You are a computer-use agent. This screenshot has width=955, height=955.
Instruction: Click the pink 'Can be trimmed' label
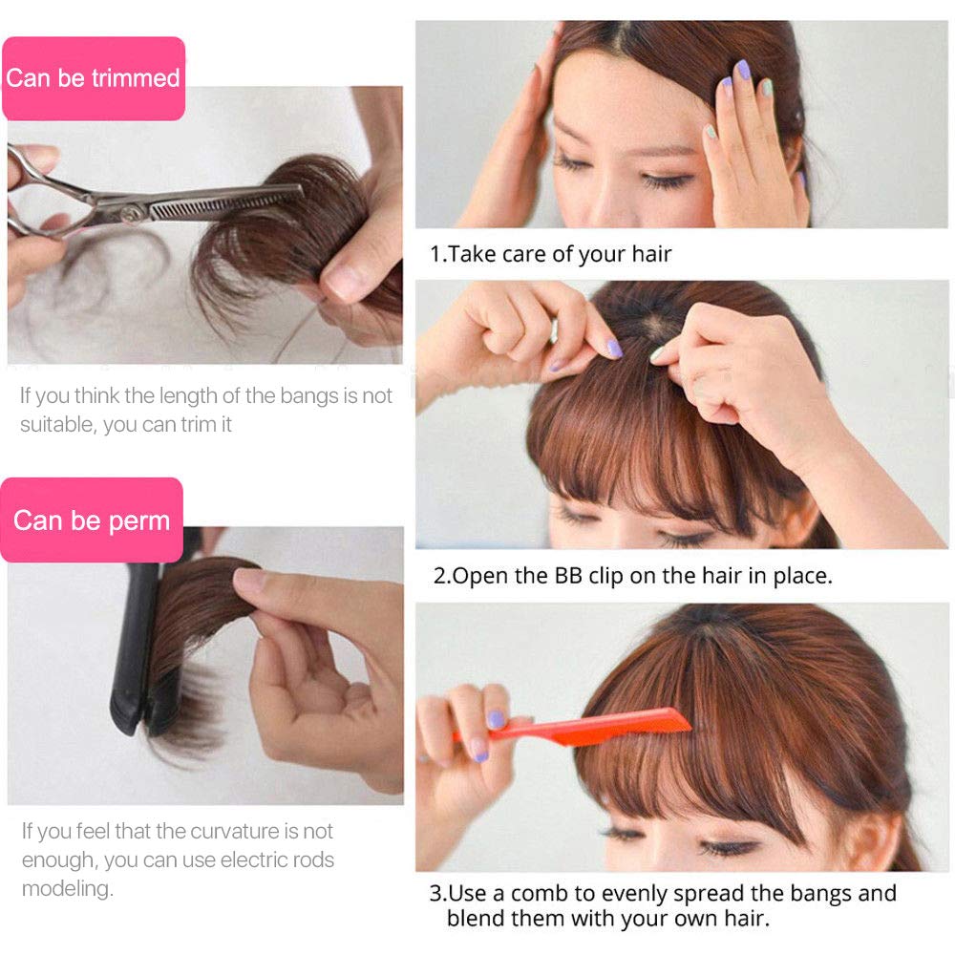click(93, 77)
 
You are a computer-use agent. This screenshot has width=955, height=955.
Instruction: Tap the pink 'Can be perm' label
click(92, 520)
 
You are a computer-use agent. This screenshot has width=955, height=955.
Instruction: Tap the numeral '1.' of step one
click(438, 254)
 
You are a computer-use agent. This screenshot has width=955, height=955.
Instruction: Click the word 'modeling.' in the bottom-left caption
click(66, 888)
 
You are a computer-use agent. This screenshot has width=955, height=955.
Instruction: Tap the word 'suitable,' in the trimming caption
click(57, 424)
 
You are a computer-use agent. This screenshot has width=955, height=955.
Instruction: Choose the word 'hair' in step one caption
click(651, 254)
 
